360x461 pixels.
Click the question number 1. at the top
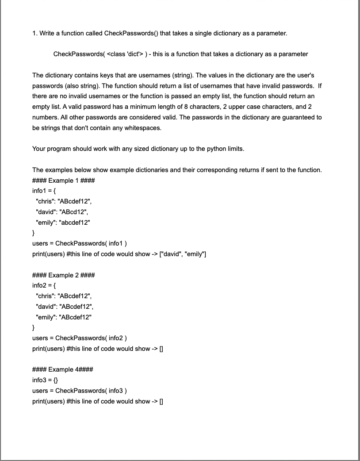coord(35,33)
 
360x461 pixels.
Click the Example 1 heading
coord(63,181)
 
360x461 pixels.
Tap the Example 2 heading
coord(63,275)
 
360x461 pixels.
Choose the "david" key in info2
coord(46,307)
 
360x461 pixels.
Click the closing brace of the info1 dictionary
coord(34,233)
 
